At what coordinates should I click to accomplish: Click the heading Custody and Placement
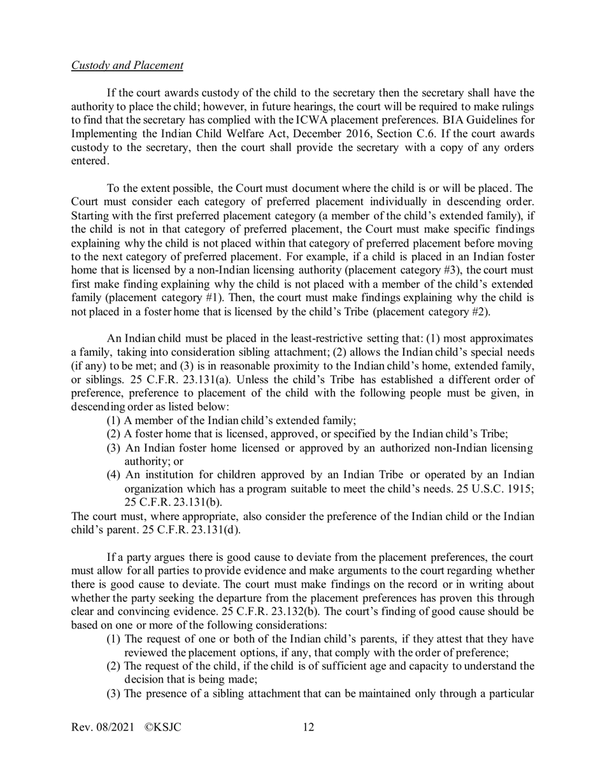[127, 66]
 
